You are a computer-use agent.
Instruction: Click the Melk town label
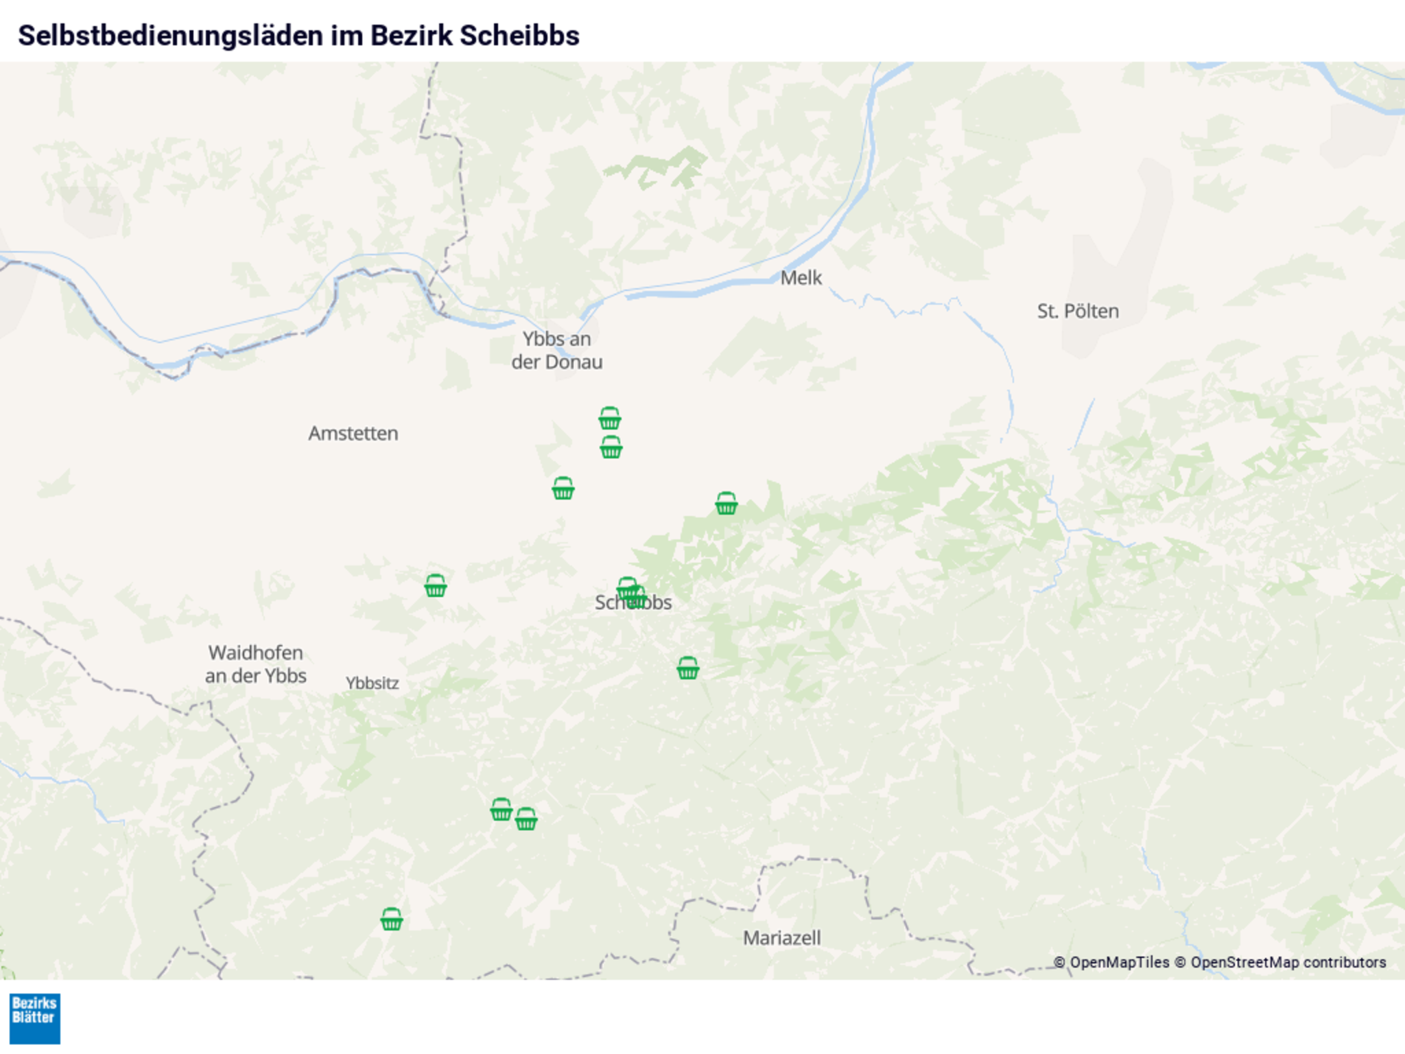[801, 278]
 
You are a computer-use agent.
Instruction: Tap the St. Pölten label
[1077, 312]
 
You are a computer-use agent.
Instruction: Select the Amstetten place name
[353, 434]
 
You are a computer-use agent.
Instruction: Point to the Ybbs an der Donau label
[556, 351]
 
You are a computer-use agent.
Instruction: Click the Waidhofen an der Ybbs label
[255, 664]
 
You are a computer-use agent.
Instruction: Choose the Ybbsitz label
[372, 683]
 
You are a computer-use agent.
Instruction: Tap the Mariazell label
[781, 938]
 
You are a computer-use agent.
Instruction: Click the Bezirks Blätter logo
[35, 1018]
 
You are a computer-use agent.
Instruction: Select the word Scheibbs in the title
[519, 36]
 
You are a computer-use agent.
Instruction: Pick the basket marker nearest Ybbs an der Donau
[609, 418]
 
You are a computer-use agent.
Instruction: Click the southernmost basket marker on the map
[391, 920]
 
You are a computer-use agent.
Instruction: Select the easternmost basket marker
[726, 504]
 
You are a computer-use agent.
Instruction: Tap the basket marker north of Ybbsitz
[435, 586]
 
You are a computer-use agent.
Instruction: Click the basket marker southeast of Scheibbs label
[687, 668]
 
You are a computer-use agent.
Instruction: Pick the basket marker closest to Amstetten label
[435, 586]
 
